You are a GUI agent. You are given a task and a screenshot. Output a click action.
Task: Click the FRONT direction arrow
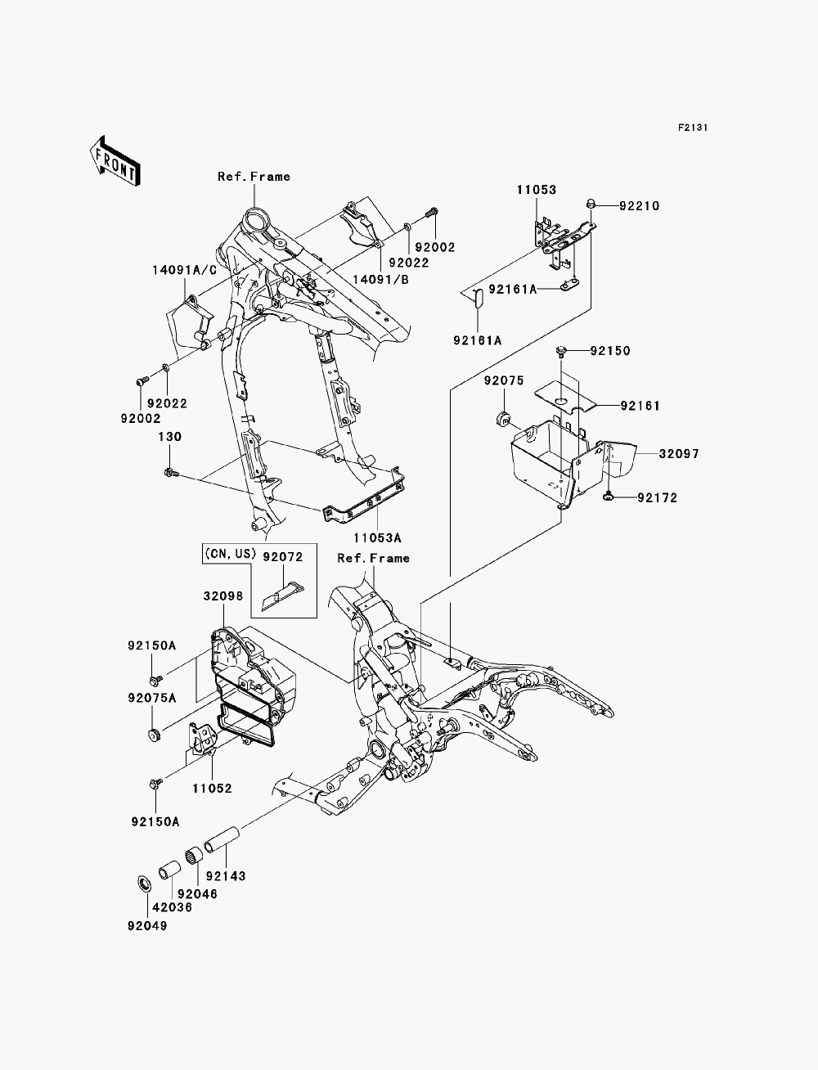tap(115, 160)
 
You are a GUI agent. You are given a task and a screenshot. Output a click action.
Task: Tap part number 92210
tap(639, 206)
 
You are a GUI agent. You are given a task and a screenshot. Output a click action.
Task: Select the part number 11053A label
tap(377, 538)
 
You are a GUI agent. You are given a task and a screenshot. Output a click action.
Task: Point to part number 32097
tap(679, 454)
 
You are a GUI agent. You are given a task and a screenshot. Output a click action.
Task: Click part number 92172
tap(658, 497)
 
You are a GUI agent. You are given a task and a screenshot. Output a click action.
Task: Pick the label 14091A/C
tap(184, 270)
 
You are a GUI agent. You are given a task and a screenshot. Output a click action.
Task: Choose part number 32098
tap(223, 596)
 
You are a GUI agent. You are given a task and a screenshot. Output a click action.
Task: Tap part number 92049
tap(147, 926)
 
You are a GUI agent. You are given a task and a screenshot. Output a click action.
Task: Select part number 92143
tap(225, 876)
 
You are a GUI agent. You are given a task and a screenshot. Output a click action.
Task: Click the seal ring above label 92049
tap(144, 883)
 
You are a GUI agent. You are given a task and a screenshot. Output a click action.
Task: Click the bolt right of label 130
tap(172, 472)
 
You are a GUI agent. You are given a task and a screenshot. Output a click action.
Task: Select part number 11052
tap(212, 789)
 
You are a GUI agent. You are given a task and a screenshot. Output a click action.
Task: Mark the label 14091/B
tap(380, 280)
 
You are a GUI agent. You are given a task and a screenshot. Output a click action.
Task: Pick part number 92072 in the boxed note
tap(283, 557)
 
